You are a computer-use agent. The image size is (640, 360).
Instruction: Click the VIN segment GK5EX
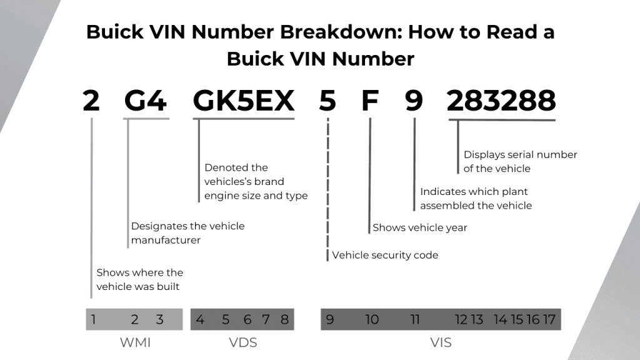pos(243,101)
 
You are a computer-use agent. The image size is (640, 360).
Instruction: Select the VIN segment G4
pos(146,101)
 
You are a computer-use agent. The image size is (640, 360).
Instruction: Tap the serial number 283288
pos(501,101)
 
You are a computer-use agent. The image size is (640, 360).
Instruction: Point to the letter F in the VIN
pos(370,101)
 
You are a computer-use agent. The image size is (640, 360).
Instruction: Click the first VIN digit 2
pos(91,101)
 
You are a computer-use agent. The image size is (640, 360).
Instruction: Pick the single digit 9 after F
pos(414,101)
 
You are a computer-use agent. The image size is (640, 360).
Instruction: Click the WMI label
pos(135,342)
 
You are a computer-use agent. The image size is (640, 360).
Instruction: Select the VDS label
pos(243,342)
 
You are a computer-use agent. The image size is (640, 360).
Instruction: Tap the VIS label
pos(441,342)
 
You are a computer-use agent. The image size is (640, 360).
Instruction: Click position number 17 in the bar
pos(549,320)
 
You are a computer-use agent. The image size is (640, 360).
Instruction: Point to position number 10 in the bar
pos(372,320)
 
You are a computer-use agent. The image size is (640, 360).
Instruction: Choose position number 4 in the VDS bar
pos(200,320)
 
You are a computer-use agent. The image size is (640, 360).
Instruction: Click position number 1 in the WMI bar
pos(93,320)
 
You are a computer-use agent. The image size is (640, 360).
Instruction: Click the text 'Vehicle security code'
pos(385,255)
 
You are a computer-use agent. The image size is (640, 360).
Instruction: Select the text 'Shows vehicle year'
pos(420,228)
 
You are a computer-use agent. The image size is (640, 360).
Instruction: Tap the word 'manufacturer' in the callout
pos(166,240)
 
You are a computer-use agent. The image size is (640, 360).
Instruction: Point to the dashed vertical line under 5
pos(327,187)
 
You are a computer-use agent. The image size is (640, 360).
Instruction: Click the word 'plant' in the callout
pos(514,192)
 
